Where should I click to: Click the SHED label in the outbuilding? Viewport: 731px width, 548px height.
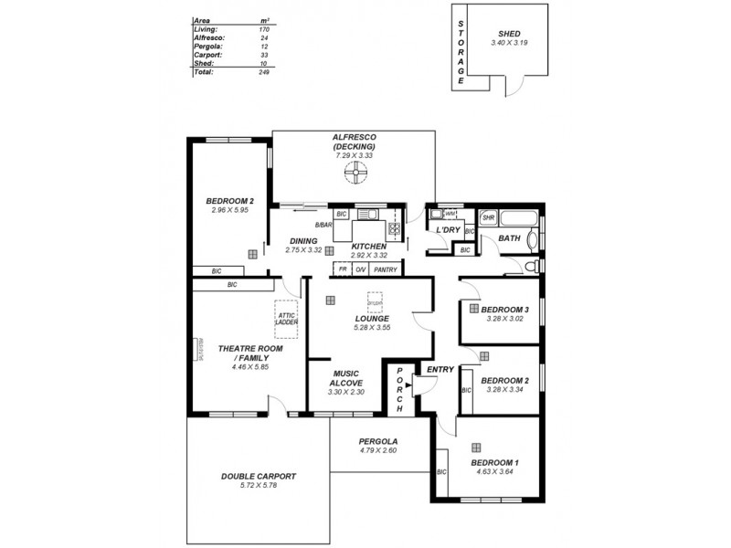coord(510,33)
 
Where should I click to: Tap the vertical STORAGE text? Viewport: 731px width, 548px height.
coord(461,50)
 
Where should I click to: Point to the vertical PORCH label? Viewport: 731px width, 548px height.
coord(398,388)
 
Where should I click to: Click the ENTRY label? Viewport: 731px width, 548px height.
coord(440,369)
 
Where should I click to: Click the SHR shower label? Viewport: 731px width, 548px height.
coord(488,218)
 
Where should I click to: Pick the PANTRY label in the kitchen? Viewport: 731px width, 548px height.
coord(386,270)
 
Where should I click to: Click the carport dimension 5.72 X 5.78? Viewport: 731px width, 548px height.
coord(259,486)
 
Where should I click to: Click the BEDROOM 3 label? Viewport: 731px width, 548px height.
coord(505,309)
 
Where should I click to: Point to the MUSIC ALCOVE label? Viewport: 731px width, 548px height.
coord(345,378)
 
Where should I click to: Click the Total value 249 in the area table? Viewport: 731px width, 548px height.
coord(263,71)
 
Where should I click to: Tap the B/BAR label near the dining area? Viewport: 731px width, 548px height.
coord(323,226)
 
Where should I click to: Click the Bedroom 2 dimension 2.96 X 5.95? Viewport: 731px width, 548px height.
coord(229,210)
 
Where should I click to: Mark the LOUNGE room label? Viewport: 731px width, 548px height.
coord(372,318)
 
